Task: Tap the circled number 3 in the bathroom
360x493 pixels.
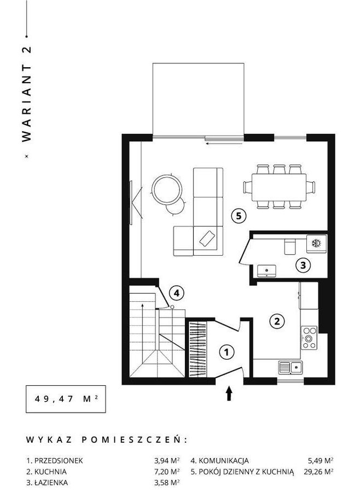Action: (x=303, y=265)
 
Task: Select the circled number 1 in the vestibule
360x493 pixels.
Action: (x=227, y=352)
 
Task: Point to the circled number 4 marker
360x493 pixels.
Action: (x=177, y=293)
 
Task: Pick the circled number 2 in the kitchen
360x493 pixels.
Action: (x=277, y=321)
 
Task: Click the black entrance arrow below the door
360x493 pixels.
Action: (x=229, y=394)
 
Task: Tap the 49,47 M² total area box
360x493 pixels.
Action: (x=66, y=399)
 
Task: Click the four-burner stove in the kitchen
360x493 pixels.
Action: (x=309, y=338)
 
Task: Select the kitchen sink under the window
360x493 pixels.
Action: (x=291, y=367)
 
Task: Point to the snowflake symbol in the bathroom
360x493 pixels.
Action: (x=316, y=243)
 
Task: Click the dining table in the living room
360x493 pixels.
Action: (x=279, y=187)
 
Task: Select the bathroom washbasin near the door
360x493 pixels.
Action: (x=266, y=271)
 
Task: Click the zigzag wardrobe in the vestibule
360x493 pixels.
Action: (x=198, y=349)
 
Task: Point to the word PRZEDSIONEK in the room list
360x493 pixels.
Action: (x=59, y=461)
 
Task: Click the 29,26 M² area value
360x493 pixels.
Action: (x=319, y=472)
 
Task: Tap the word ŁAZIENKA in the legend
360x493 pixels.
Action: (x=51, y=483)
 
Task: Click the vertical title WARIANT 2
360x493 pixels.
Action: (x=27, y=95)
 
